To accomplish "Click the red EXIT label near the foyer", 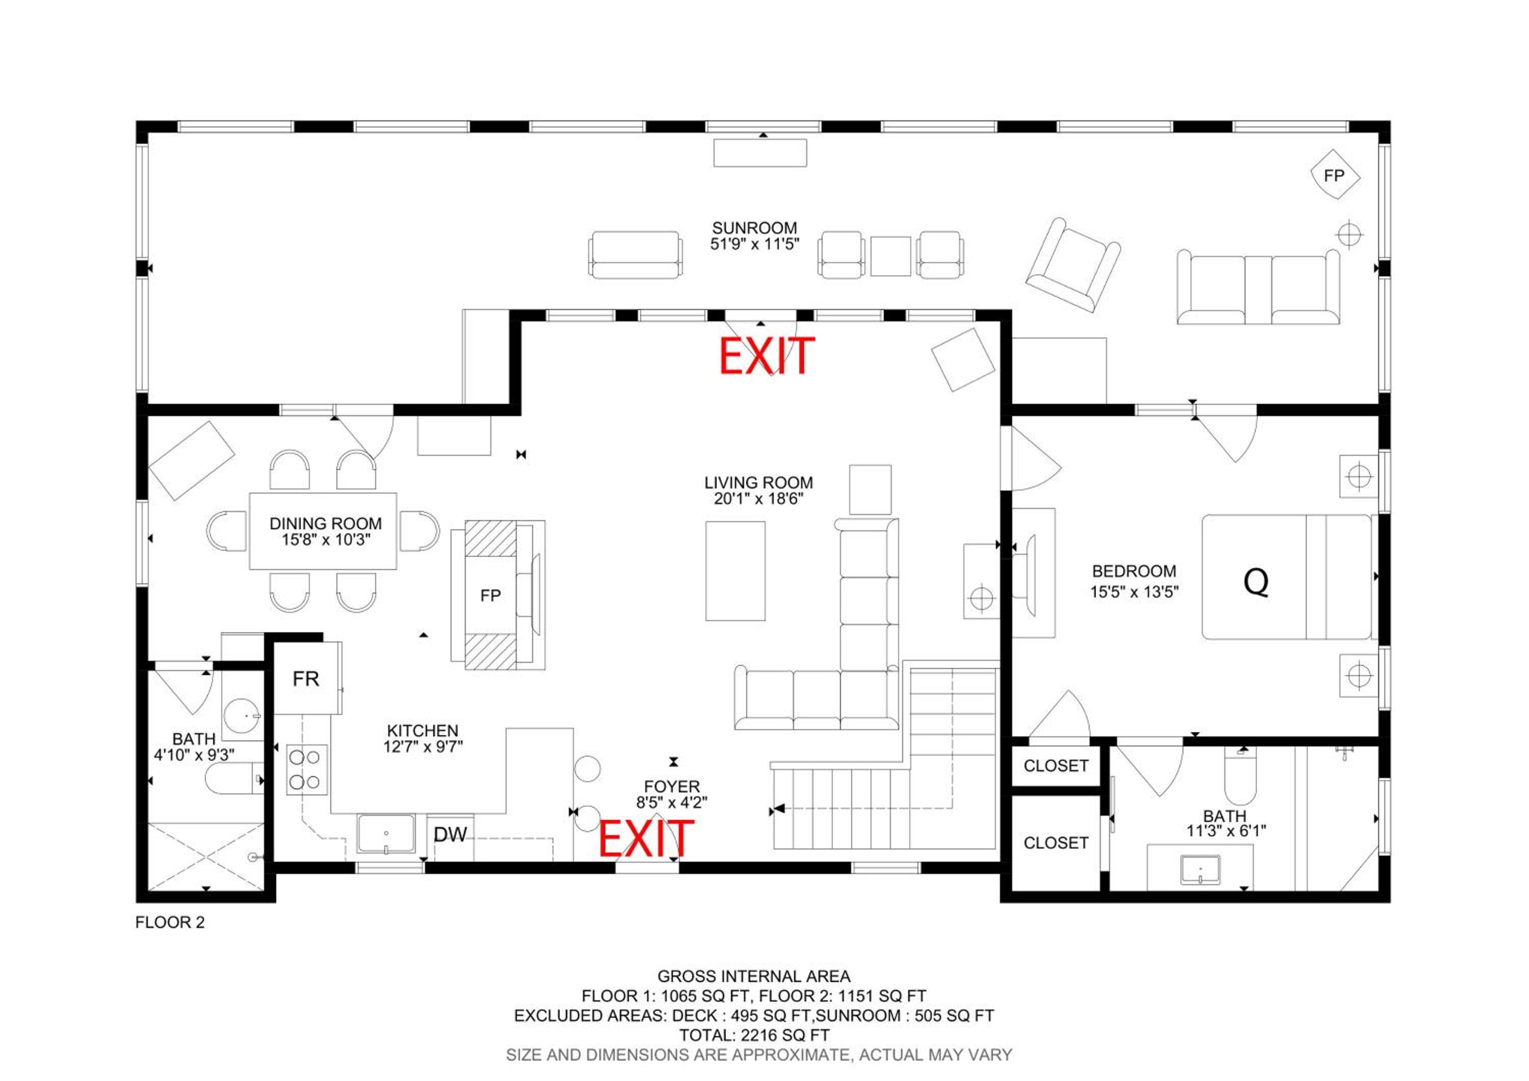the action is tap(646, 839).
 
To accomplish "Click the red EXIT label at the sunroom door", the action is tap(767, 356).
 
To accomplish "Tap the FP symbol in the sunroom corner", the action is tap(1334, 175).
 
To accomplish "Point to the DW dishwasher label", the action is tap(450, 835).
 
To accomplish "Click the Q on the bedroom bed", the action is tap(1256, 582).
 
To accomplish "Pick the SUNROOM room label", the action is tap(754, 228).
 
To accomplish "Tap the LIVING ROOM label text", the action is tap(758, 482).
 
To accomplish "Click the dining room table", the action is tap(323, 531).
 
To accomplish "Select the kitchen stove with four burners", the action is tap(307, 770).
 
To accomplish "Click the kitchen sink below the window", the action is tap(386, 834).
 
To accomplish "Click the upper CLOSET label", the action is tap(1056, 766).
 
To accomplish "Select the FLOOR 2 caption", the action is tap(170, 922).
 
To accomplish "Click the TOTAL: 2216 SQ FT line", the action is tap(754, 1035).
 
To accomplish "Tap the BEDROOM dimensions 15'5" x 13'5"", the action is tap(1134, 591).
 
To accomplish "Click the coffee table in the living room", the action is tap(735, 571).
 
